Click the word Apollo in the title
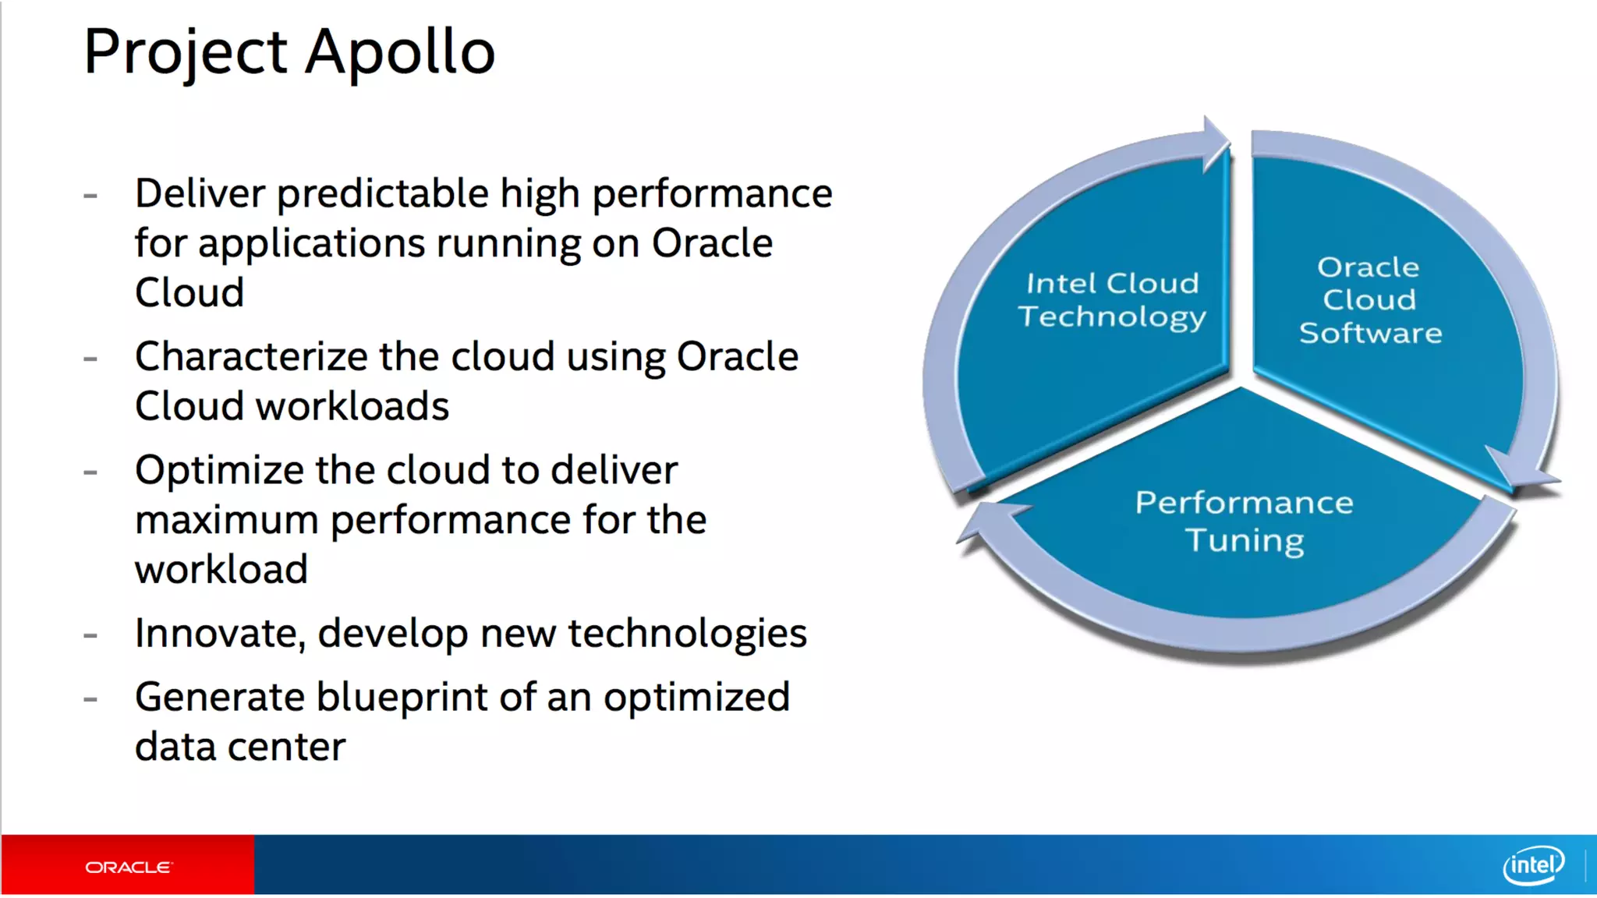tap(400, 52)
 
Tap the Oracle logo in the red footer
tap(128, 867)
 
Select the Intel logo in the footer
tap(1533, 865)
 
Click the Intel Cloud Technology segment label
tap(1112, 300)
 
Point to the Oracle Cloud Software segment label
tap(1370, 300)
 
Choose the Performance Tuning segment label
tap(1245, 521)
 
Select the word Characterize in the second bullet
tap(251, 357)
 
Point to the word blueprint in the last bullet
tap(402, 697)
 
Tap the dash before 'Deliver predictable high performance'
tap(90, 195)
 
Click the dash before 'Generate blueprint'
tap(90, 698)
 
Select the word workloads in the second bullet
tap(352, 407)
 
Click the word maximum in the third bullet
tap(226, 520)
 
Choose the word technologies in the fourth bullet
tap(687, 633)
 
